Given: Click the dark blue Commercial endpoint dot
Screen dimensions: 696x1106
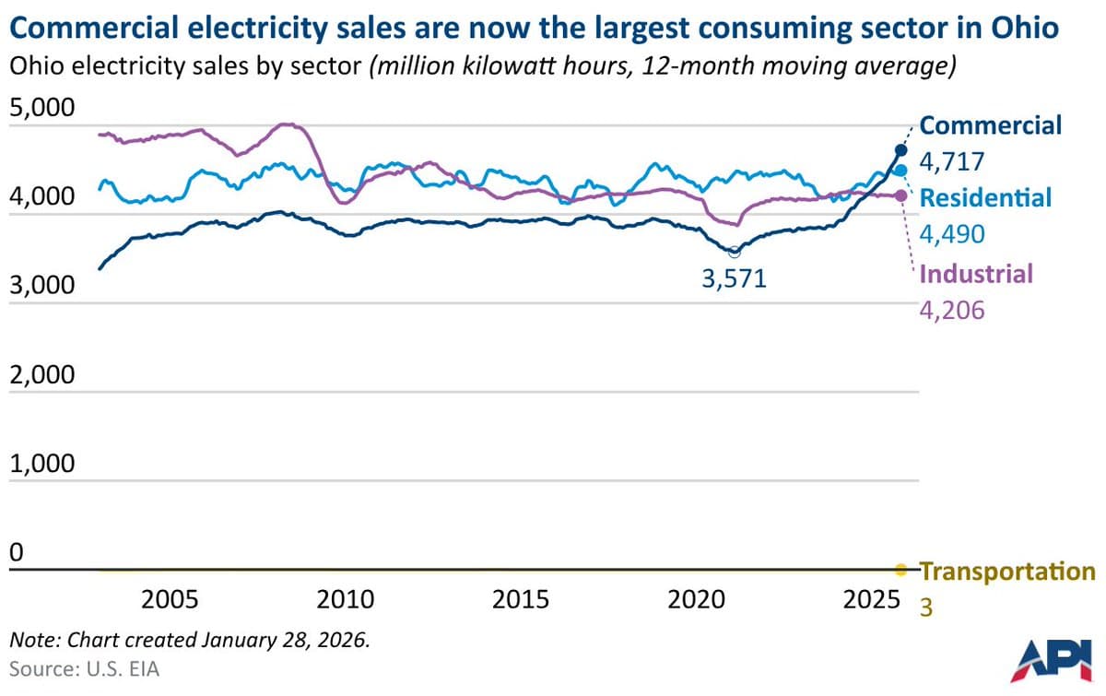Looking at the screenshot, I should coord(901,150).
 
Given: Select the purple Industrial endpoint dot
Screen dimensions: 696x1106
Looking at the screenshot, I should coord(901,195).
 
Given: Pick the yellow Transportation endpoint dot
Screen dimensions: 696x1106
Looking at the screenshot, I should coord(900,569).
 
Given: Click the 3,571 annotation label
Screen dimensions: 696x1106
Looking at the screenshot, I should coord(734,278).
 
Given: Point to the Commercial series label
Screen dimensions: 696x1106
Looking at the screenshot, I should coord(991,125).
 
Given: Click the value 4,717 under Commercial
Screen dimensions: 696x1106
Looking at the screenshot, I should coord(953,163).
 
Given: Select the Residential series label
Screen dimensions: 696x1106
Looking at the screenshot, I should coord(985,197).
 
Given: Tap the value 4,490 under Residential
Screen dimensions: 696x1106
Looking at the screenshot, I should coord(953,235).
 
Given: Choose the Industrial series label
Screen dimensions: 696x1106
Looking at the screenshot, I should coord(976,273).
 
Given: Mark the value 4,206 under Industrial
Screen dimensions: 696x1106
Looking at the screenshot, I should coord(953,310).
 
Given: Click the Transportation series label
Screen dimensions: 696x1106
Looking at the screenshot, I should coord(1008,572).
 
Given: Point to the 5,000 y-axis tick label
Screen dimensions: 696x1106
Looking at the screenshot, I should coord(41,109).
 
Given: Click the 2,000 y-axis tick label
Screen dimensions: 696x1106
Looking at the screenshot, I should coord(41,376).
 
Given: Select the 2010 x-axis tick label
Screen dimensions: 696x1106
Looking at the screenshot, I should coord(346,600).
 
